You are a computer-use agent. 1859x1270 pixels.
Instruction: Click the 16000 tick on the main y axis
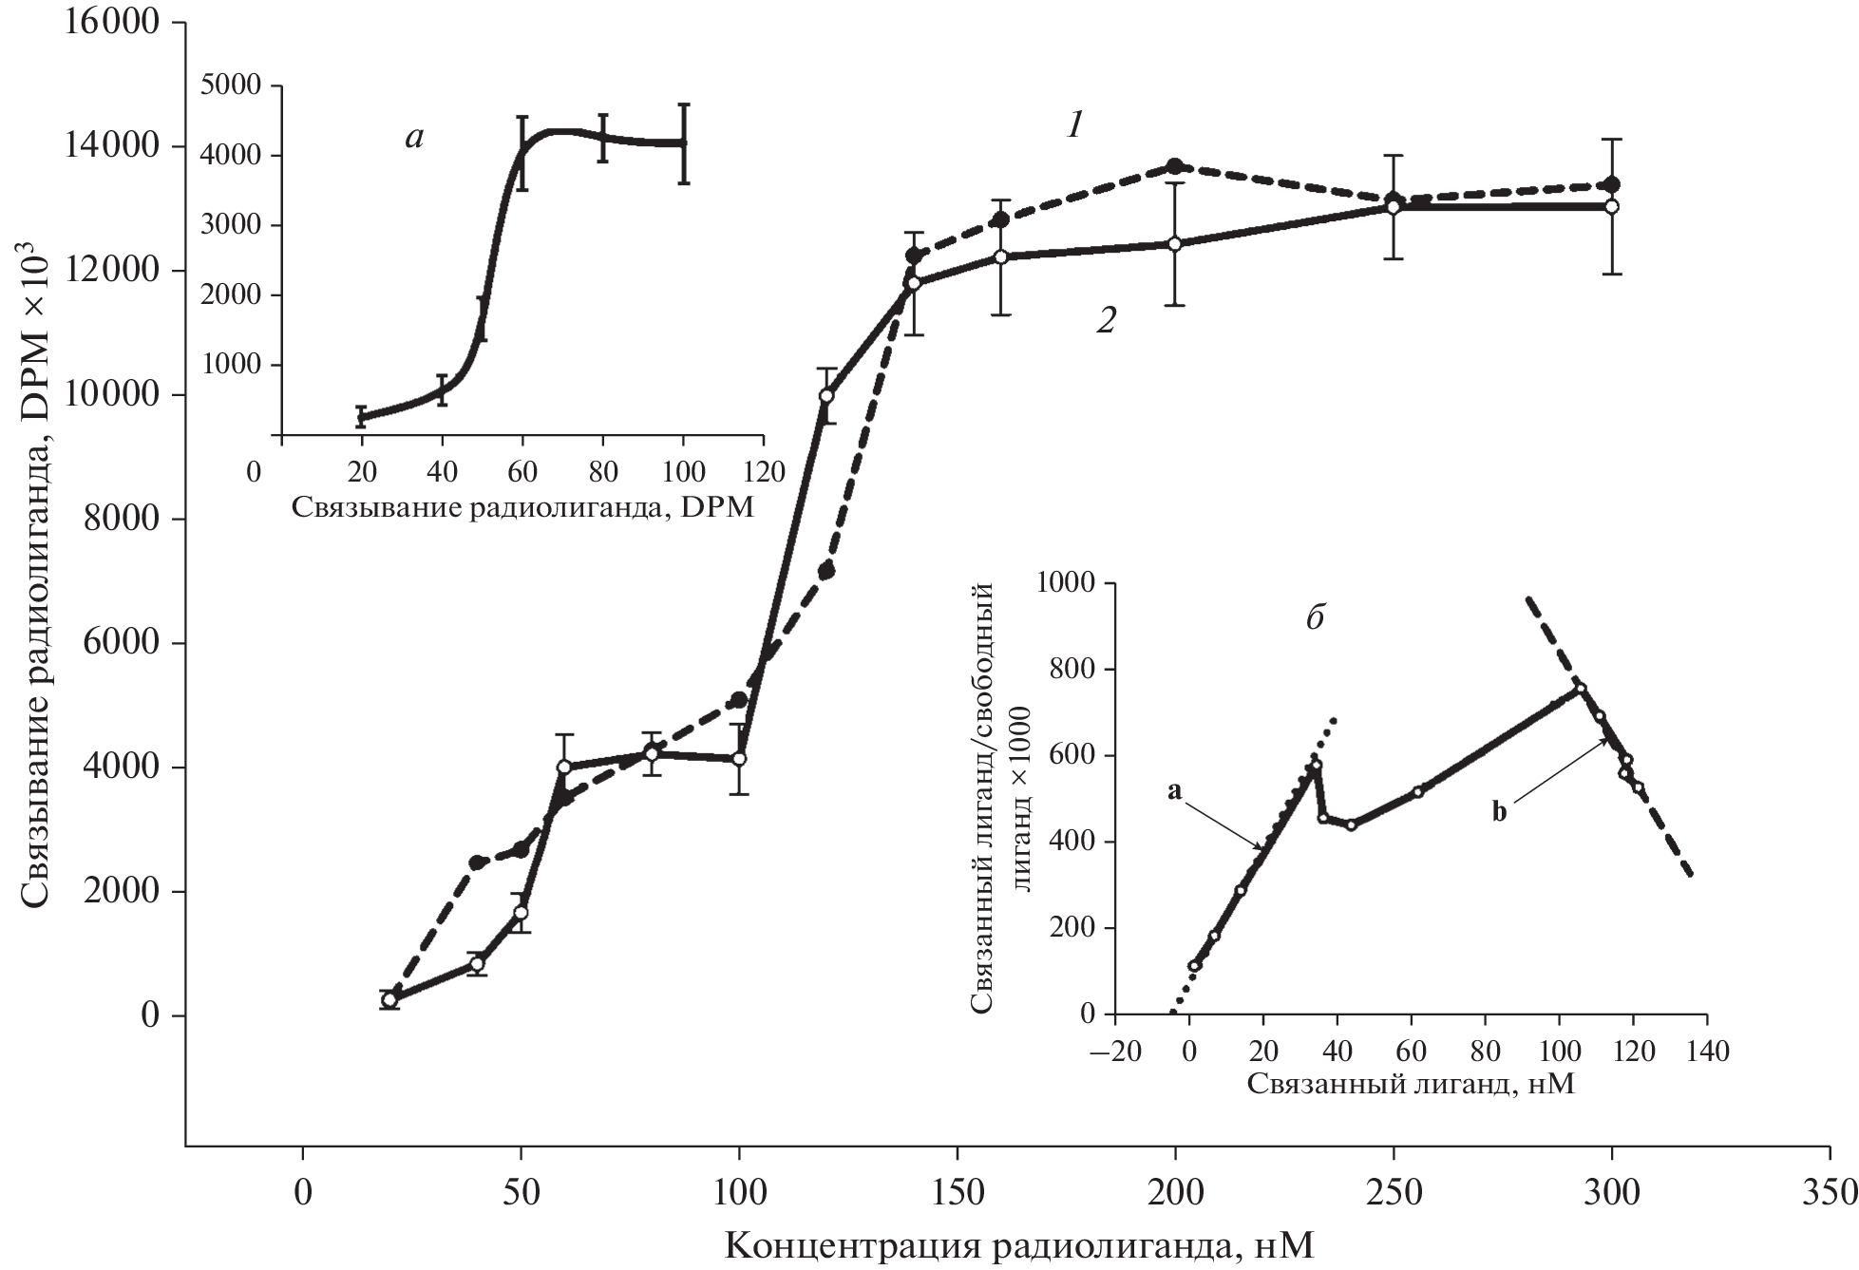click(110, 22)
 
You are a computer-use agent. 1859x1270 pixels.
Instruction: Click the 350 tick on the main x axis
click(1830, 1192)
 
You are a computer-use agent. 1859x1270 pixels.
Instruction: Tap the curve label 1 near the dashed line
click(1075, 126)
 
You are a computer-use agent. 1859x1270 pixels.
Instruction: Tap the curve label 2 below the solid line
click(1105, 321)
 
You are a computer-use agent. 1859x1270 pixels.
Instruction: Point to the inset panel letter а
click(414, 138)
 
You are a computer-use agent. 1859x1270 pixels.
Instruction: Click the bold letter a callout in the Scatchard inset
click(1174, 791)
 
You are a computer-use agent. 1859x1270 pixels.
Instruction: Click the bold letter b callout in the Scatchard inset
click(1499, 812)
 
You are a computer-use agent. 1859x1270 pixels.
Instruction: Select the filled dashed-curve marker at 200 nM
click(1175, 166)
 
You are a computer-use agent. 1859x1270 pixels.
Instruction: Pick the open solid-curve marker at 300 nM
click(1611, 206)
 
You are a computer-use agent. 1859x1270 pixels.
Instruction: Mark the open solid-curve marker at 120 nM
click(826, 395)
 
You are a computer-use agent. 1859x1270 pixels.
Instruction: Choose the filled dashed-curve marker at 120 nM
click(826, 571)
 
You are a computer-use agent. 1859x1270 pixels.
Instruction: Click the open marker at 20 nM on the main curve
click(389, 999)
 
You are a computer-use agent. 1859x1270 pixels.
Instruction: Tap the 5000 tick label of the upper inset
click(232, 85)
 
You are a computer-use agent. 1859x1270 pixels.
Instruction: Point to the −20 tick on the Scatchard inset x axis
click(1114, 1052)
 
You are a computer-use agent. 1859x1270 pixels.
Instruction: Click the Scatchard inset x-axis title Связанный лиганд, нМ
click(1411, 1085)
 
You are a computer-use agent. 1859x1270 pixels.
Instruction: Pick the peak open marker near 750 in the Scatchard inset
click(1581, 689)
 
